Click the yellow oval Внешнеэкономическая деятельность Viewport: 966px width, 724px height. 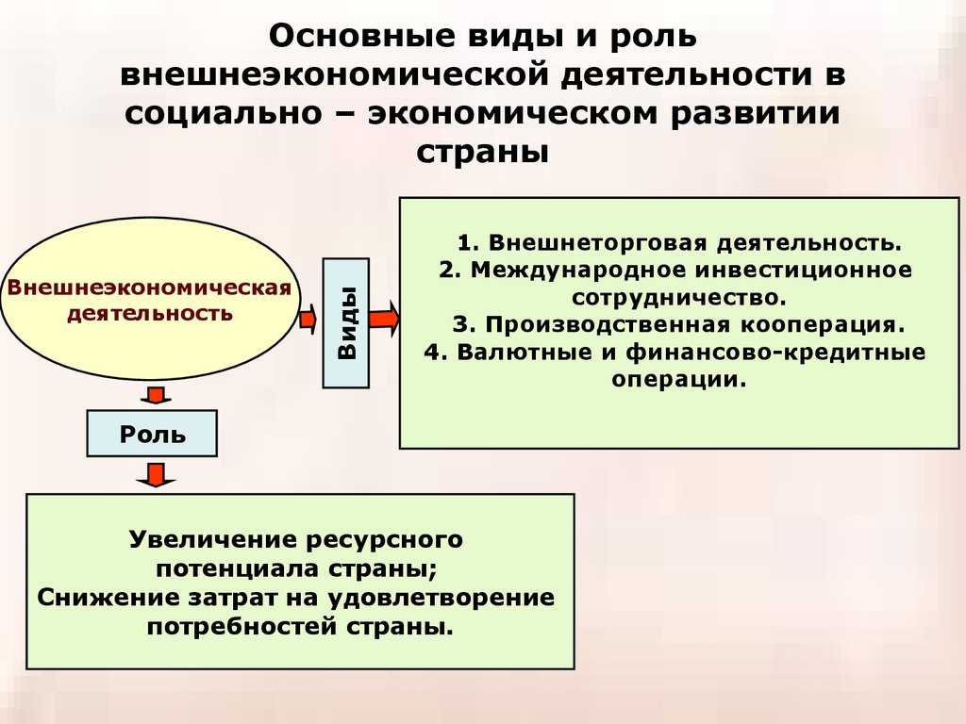(x=150, y=299)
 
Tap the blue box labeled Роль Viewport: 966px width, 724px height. (x=152, y=434)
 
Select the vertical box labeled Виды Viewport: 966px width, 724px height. (x=345, y=323)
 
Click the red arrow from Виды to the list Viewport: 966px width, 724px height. (x=385, y=319)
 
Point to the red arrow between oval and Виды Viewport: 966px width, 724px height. (x=308, y=319)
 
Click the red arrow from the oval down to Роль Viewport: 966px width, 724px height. (x=156, y=395)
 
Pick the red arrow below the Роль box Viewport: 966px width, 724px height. (x=157, y=475)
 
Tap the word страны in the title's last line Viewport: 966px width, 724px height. (x=482, y=152)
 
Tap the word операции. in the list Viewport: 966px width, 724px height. (x=679, y=379)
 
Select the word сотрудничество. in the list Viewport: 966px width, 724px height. (x=679, y=297)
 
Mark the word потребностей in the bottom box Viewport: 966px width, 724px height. (x=241, y=627)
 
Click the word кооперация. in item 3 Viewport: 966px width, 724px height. (x=823, y=324)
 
